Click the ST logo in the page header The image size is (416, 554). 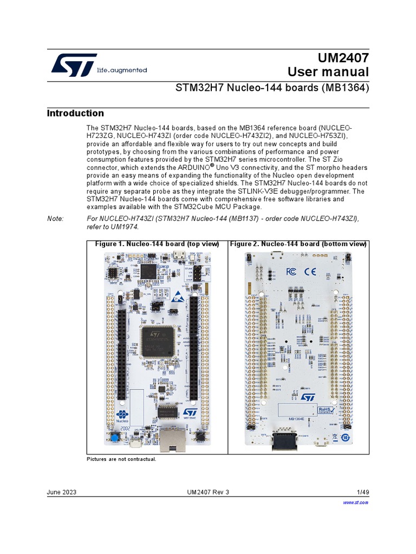pyautogui.click(x=74, y=65)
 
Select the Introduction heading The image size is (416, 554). pyautogui.click(x=75, y=113)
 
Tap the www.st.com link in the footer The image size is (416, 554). pyautogui.click(x=356, y=503)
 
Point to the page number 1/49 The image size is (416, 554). pyautogui.click(x=362, y=492)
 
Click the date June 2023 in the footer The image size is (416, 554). pyautogui.click(x=61, y=492)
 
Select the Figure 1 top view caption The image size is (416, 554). pyautogui.click(x=157, y=244)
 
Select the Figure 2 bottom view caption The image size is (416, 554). pyautogui.click(x=298, y=244)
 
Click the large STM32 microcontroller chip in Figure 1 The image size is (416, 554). pyautogui.click(x=158, y=341)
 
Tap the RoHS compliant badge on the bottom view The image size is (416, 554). pyautogui.click(x=325, y=412)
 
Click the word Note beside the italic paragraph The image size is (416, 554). pyautogui.click(x=55, y=218)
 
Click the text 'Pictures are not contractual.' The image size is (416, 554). pyautogui.click(x=121, y=459)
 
